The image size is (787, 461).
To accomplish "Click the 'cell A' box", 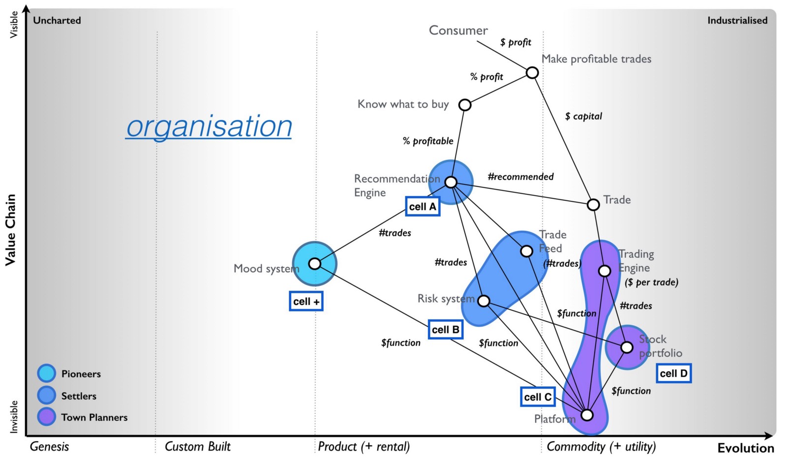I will [423, 207].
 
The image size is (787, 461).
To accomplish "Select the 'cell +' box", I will [306, 301].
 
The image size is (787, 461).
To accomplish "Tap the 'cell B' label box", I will [446, 330].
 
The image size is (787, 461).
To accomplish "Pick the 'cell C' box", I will [538, 397].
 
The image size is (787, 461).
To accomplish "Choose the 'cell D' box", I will [673, 373].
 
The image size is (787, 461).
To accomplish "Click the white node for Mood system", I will [315, 264].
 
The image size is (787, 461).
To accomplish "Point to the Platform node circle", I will [587, 415].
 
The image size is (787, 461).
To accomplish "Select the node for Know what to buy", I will [465, 105].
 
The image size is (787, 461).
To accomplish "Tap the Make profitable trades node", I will [532, 73].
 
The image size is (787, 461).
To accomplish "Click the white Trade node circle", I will [594, 204].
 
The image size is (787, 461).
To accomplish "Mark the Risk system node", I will [484, 301].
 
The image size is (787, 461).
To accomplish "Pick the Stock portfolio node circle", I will [627, 347].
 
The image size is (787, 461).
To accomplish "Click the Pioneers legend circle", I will [47, 373].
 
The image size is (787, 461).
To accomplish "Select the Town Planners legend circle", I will [47, 417].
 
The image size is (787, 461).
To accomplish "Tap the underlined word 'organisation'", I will [209, 126].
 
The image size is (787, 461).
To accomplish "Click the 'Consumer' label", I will [458, 31].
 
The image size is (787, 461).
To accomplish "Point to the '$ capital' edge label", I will [583, 117].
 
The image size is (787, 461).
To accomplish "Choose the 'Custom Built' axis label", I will [197, 447].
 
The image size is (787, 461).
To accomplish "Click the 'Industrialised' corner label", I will [737, 21].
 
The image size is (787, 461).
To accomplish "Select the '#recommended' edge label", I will [520, 177].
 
